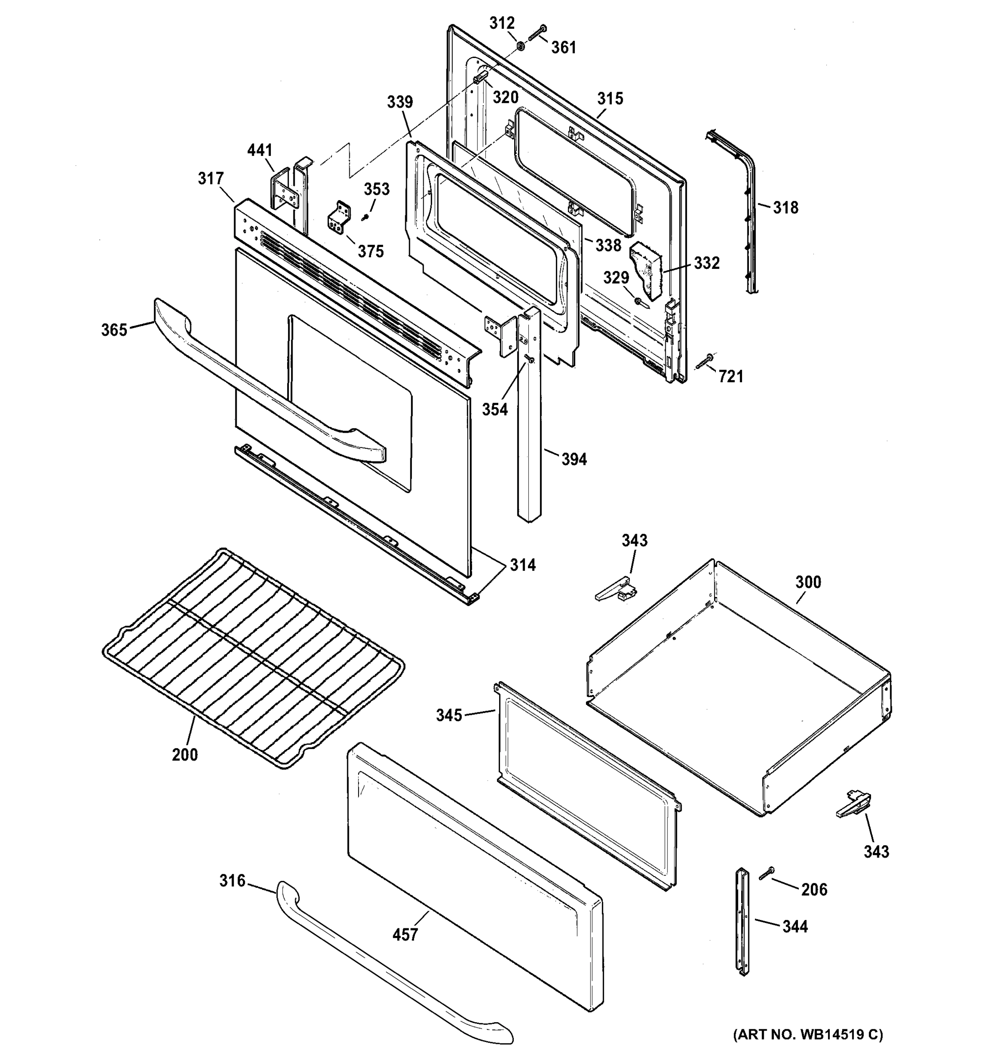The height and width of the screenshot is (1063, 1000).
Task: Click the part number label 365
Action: coord(114,330)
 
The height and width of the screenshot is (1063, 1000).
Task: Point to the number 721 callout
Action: coord(731,377)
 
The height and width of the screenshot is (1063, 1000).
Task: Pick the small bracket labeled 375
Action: coord(339,218)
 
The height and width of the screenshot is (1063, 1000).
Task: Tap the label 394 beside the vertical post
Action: coord(574,459)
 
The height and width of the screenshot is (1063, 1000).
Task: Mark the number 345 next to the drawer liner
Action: coord(449,715)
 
